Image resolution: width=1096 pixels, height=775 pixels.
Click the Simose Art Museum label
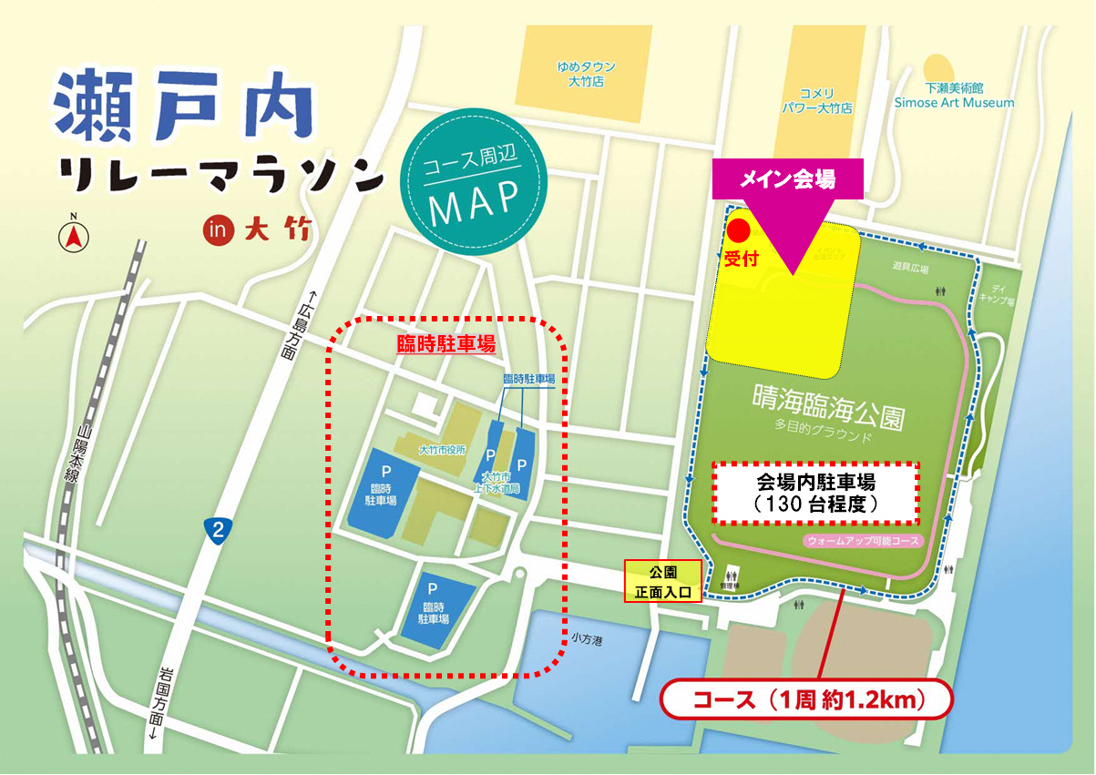[x=953, y=96]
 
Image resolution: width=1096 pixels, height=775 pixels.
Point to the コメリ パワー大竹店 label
[x=816, y=100]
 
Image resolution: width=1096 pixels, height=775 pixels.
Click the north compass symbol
[x=74, y=236]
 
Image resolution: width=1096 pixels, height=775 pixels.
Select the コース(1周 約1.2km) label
[x=808, y=700]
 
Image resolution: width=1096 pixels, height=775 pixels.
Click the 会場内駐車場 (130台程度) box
[x=815, y=493]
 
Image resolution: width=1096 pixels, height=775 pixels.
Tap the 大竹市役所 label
[x=442, y=450]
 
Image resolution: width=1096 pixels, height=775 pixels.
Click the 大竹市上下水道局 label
[x=501, y=483]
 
